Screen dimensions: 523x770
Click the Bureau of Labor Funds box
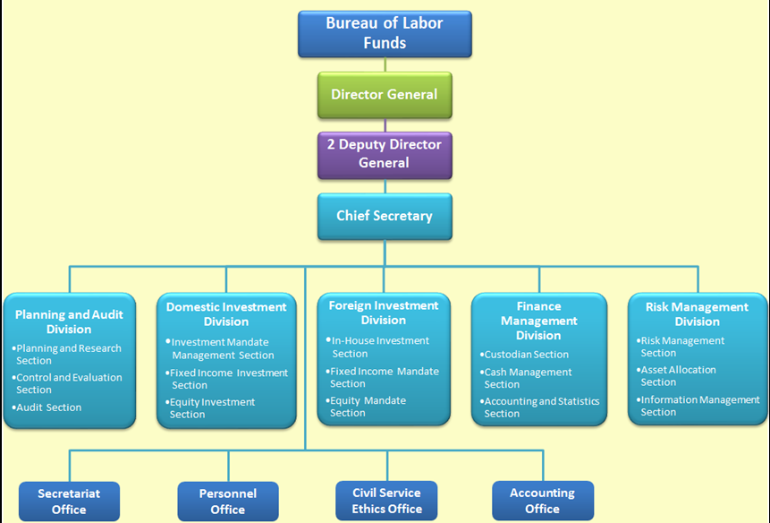385,34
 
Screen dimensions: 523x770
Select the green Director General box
385,95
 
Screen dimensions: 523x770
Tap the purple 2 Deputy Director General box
385,154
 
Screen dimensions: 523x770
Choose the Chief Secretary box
385,216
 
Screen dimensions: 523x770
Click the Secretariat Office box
69,502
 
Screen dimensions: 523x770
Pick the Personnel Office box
227,502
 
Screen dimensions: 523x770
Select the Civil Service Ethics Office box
386,501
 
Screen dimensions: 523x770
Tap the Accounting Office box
542,501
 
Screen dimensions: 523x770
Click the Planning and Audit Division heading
69,322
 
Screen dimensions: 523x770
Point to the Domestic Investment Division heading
226,313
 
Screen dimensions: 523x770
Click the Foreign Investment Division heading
384,313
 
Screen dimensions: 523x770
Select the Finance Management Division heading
538,321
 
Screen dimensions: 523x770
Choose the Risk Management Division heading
697,313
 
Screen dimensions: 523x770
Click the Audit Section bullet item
49,407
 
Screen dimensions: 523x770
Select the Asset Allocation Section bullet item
677,376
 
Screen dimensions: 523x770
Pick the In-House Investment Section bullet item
379,347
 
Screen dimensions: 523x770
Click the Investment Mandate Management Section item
222,348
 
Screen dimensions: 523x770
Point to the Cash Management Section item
527,378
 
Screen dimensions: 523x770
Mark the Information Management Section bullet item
698,406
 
